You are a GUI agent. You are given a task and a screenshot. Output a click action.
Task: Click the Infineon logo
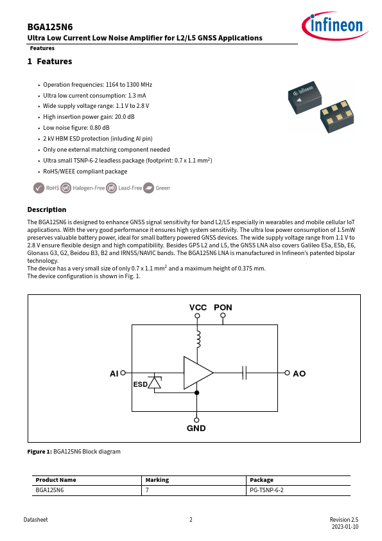tap(335, 26)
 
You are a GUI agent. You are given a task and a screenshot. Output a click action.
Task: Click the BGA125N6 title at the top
tap(50, 27)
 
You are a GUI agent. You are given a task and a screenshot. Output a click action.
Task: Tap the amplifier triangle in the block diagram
tap(198, 373)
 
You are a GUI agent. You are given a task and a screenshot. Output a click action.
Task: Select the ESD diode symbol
tap(155, 382)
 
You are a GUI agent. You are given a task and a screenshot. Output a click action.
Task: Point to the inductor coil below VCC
tap(198, 339)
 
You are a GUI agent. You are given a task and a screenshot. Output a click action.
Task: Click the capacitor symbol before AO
tap(245, 373)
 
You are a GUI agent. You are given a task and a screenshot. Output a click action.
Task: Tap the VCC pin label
tap(198, 307)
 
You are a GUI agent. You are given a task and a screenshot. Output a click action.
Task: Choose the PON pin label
tap(223, 307)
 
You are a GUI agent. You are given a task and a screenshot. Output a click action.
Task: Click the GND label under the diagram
tap(196, 428)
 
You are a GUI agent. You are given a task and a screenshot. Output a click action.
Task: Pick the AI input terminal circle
tap(123, 373)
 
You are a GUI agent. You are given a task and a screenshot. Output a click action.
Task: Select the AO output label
tap(299, 374)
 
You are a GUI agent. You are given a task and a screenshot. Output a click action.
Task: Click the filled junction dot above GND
tap(197, 393)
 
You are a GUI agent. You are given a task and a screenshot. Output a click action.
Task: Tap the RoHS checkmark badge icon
tap(39, 188)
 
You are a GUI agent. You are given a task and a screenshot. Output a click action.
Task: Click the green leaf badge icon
tap(148, 188)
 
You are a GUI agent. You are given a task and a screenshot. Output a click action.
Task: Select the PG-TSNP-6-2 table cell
tap(266, 490)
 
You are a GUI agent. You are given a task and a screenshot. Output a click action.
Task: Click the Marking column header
tap(157, 480)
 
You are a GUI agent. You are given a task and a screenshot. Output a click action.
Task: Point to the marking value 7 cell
tap(147, 490)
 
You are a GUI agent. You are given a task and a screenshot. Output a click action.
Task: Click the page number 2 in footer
tap(191, 520)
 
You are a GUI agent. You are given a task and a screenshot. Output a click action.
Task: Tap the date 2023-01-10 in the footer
tap(345, 527)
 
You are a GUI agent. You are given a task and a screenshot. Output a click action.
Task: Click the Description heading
tap(46, 209)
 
